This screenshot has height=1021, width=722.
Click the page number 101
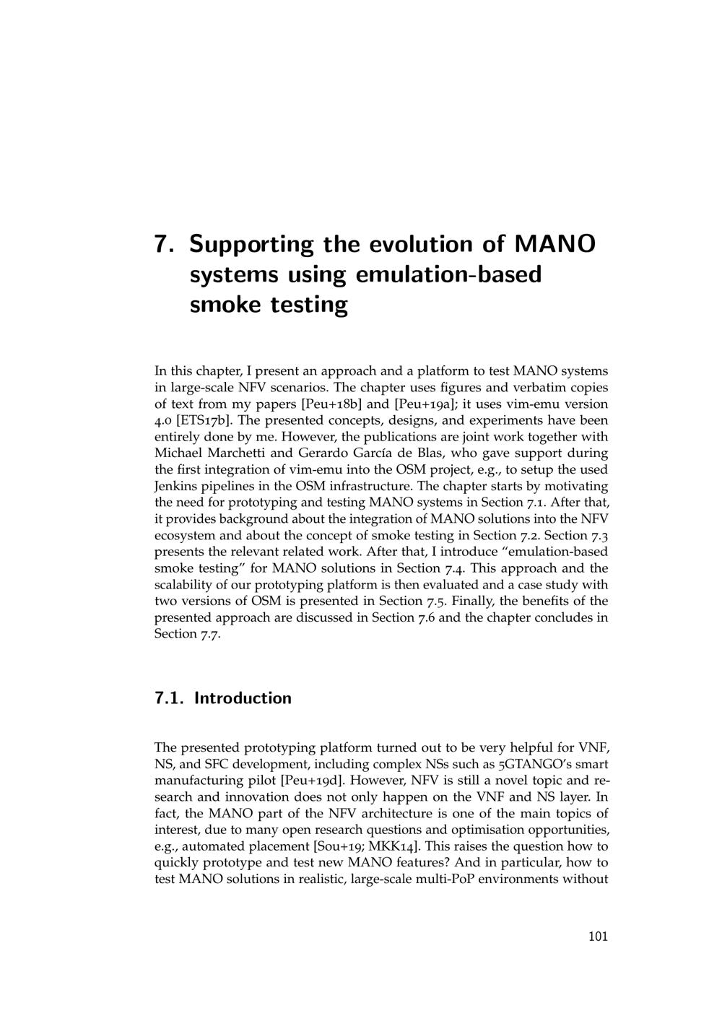(598, 937)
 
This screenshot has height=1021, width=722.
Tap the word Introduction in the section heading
(243, 698)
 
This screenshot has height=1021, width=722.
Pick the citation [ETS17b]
(201, 420)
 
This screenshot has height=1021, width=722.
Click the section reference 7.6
(423, 617)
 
